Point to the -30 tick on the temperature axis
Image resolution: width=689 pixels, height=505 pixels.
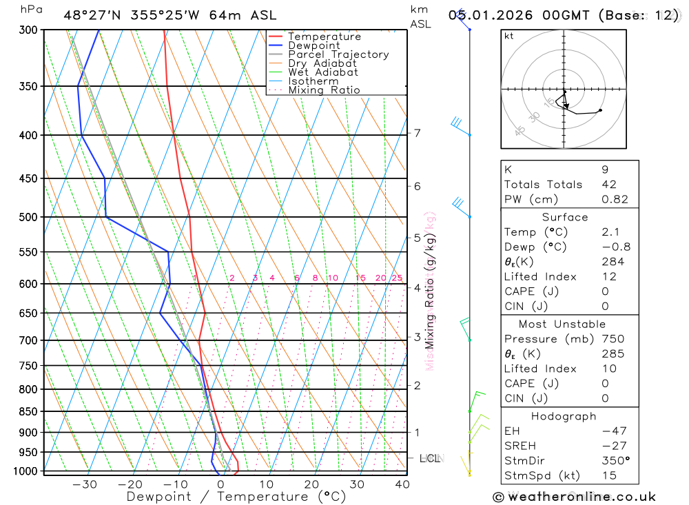(85, 484)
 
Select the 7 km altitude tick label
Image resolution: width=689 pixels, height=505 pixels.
(418, 133)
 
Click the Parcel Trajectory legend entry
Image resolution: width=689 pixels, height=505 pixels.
(338, 54)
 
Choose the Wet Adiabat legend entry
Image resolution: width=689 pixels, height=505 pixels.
(323, 72)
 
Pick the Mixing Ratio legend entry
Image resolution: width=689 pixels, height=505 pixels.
(324, 90)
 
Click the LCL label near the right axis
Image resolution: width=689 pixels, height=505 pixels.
(430, 458)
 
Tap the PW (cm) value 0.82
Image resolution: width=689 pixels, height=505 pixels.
(615, 199)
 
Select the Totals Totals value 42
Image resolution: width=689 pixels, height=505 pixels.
(609, 184)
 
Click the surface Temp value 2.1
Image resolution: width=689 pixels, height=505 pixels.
(610, 232)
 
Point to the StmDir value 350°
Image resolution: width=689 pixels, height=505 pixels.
(615, 461)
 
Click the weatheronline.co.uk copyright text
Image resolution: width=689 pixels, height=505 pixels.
(574, 497)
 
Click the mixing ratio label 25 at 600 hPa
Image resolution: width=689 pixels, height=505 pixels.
(397, 278)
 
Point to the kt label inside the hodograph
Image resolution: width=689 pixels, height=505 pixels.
(509, 37)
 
